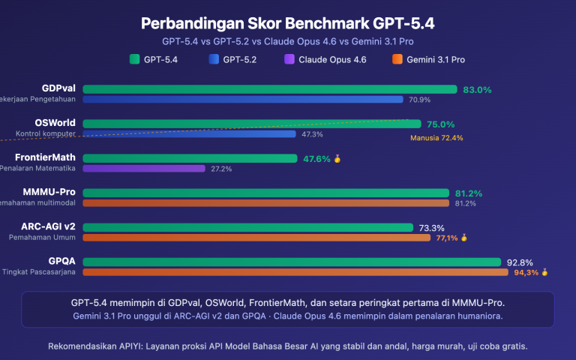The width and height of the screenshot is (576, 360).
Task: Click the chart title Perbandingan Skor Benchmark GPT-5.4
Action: tap(288, 23)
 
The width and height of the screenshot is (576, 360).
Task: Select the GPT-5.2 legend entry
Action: tap(232, 59)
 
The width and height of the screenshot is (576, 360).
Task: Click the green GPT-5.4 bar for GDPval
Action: tap(269, 89)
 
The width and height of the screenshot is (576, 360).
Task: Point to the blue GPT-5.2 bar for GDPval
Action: tap(243, 99)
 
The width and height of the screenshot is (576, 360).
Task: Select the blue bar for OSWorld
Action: tap(189, 134)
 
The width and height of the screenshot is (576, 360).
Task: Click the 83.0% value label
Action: tap(477, 89)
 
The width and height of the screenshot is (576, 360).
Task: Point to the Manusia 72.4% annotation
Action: tap(436, 138)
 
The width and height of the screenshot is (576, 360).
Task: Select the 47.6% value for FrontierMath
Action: tap(316, 158)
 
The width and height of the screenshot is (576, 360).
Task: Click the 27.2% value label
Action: tap(221, 169)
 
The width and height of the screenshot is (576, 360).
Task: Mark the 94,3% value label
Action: tap(526, 272)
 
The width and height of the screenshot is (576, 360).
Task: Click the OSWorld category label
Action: tap(55, 123)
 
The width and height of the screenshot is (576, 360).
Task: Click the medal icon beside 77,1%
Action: tap(464, 238)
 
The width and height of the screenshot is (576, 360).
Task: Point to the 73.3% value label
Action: tap(432, 227)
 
